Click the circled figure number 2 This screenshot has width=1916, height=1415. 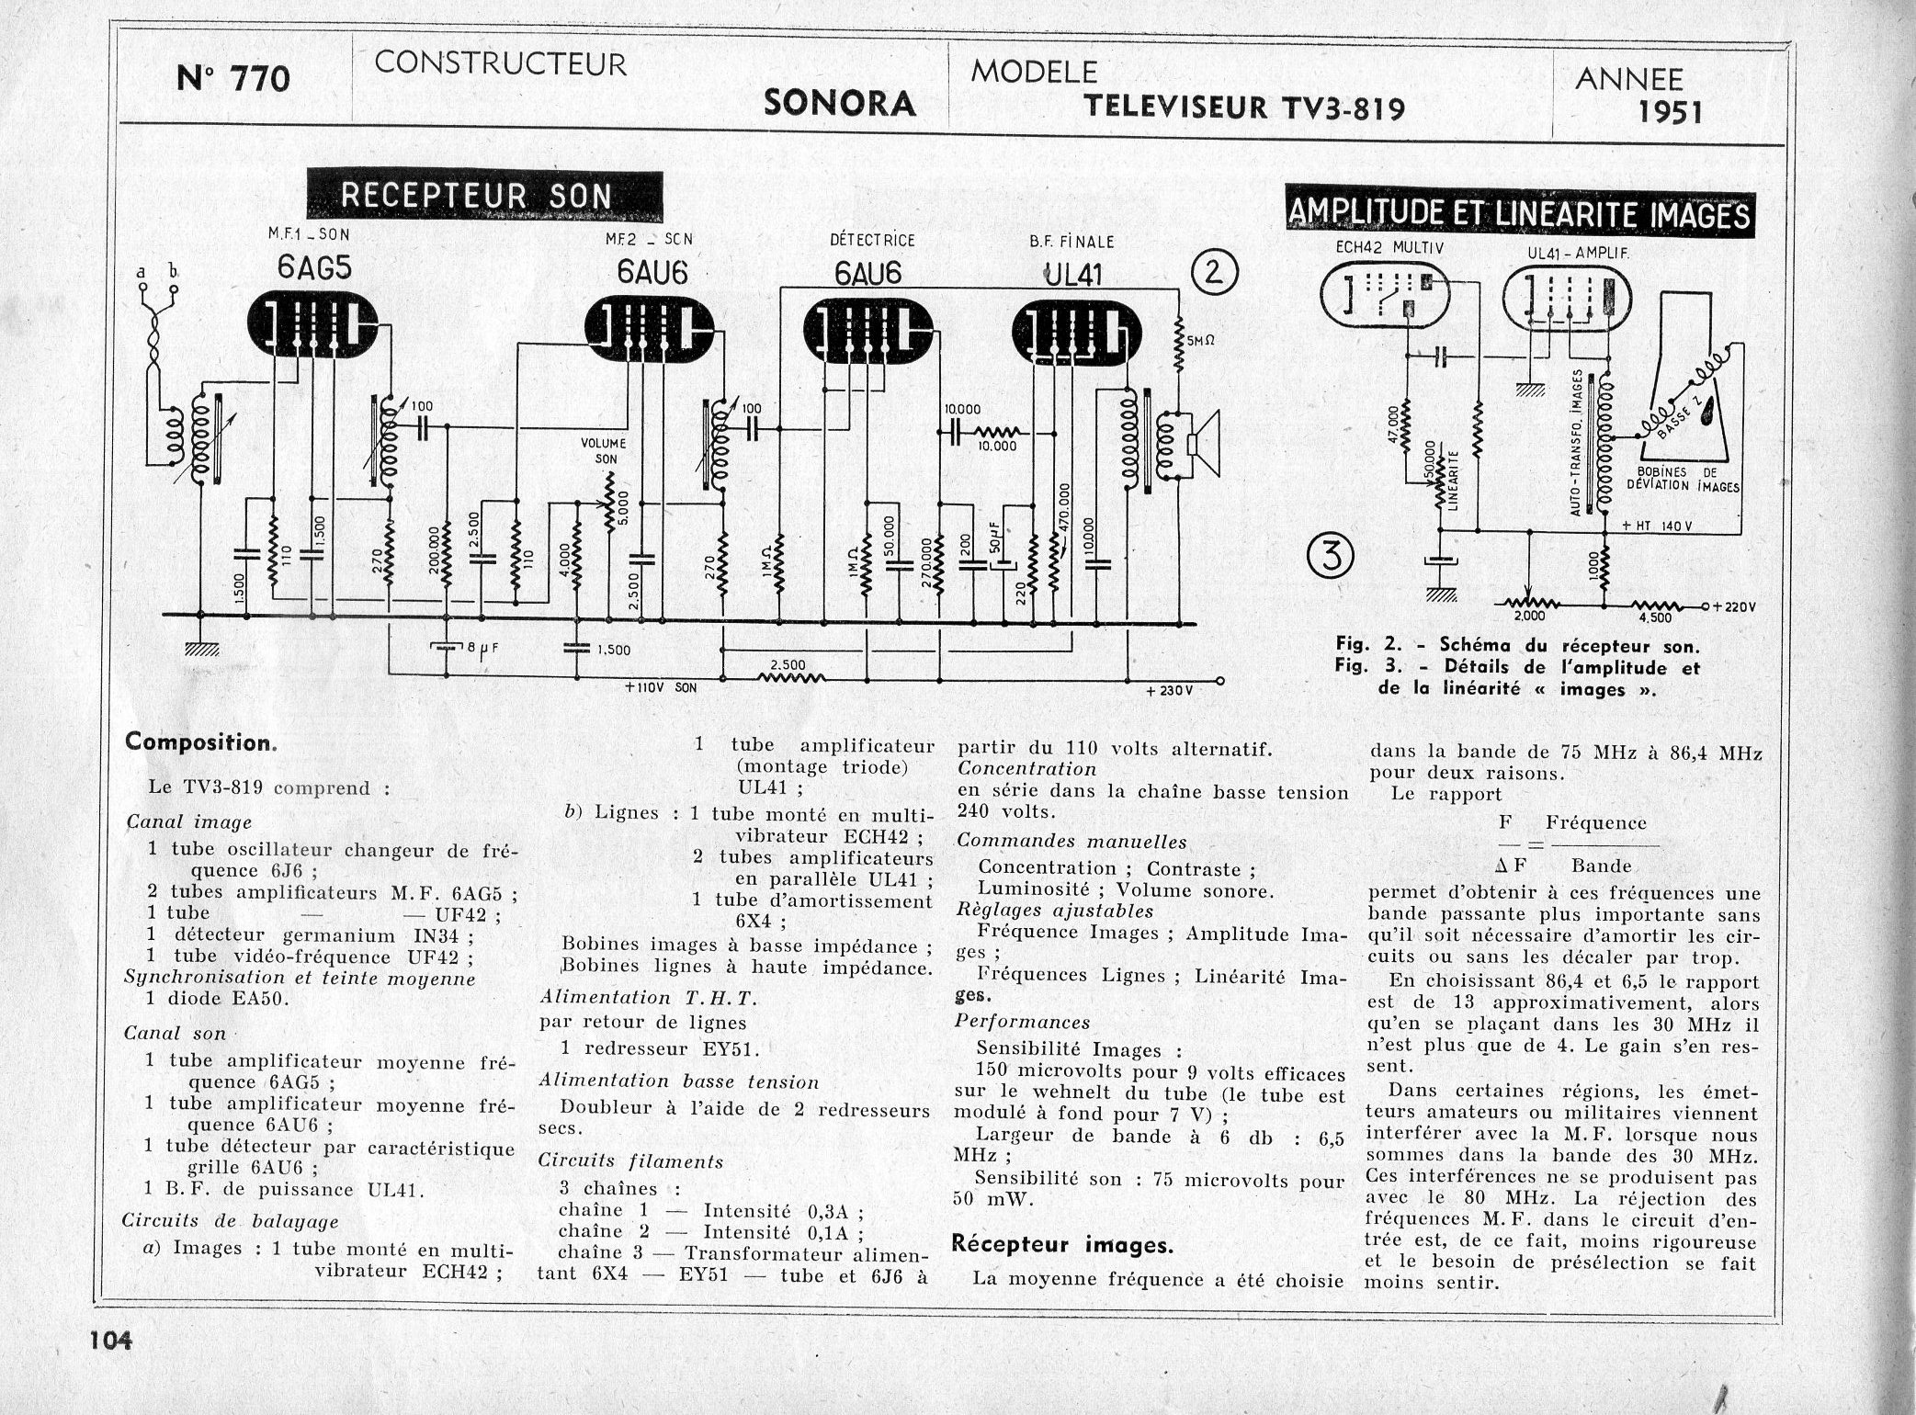coord(1216,273)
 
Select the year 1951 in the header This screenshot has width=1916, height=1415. coord(1670,112)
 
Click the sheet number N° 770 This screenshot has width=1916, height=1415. coord(232,80)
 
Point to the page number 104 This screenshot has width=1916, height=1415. coord(111,1341)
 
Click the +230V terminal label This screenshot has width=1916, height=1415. coord(1168,691)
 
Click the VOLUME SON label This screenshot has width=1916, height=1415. coord(603,451)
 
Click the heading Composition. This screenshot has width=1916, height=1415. coord(199,741)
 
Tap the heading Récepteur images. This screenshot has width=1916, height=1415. coord(1061,1245)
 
